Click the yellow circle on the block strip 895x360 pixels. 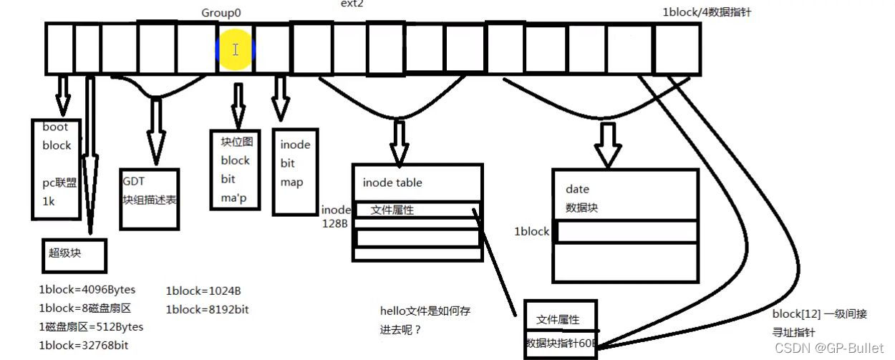(236, 49)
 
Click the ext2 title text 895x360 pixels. (352, 4)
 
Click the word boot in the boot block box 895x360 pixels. (55, 127)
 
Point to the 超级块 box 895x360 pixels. (74, 256)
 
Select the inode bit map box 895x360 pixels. (295, 171)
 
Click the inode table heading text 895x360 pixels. (392, 183)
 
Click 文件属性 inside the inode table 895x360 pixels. (392, 210)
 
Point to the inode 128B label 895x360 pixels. (336, 216)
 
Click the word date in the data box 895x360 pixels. (577, 189)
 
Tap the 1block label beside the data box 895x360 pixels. (531, 232)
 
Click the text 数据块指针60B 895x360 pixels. (561, 343)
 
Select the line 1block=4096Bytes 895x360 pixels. (87, 290)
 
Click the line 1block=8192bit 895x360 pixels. (207, 310)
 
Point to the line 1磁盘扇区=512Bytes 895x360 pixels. (91, 327)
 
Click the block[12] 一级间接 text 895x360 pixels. (820, 314)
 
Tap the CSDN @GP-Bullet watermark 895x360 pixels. (841, 348)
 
